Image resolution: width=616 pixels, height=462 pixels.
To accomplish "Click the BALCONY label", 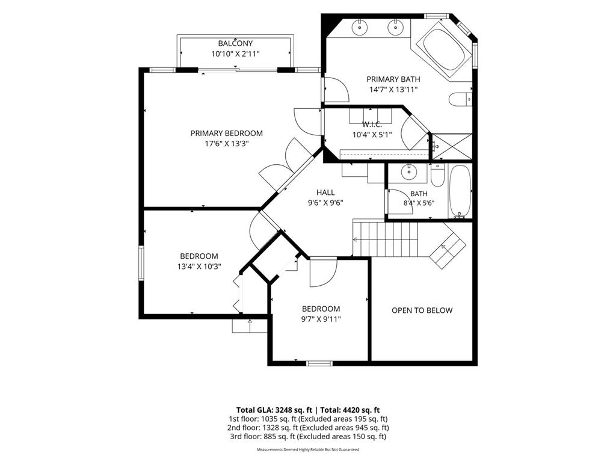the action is point(235,43).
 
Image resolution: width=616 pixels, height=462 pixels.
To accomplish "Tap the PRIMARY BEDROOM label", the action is point(227,133).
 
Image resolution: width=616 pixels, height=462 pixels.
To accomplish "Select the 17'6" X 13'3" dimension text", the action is point(227,143).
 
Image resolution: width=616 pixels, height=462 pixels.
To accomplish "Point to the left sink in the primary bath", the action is point(359,27).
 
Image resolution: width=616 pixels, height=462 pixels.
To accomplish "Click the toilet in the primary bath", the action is point(460,100).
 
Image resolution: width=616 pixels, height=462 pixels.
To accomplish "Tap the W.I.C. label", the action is point(372,125).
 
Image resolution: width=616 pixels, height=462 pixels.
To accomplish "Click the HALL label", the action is point(325,192).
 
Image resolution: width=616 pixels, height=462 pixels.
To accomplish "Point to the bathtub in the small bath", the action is point(460,192).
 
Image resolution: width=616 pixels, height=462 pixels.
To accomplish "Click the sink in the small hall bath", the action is point(409,172).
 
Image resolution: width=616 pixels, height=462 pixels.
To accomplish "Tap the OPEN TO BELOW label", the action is point(422,310).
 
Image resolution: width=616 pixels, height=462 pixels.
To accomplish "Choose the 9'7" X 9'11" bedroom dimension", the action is point(321,319).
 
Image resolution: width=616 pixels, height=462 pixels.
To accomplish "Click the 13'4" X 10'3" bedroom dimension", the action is point(199,266).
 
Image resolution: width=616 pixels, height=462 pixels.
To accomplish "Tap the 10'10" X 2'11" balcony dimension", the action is point(235,54).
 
